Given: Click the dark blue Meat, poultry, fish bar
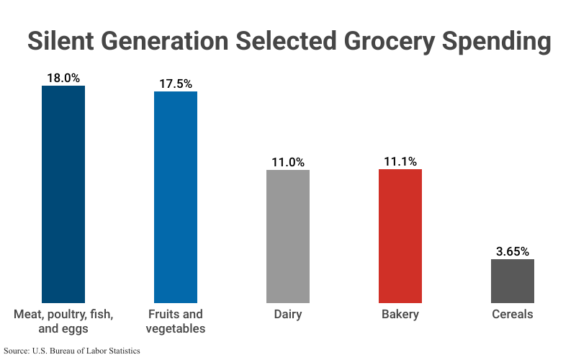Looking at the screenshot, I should pos(63,194).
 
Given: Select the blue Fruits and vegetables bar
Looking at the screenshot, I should pos(176,197).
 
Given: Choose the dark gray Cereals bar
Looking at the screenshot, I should pos(513,281).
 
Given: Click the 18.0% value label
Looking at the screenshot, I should pos(63,78).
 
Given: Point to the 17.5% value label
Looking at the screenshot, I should pos(176,84).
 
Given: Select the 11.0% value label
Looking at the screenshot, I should pos(288,162).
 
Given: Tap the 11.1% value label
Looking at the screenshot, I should pos(400,161).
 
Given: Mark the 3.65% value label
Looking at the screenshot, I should pos(513,251).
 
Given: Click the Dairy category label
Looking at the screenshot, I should pos(288,315).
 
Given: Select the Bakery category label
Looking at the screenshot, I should pos(400,315).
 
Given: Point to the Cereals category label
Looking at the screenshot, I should pos(513,315).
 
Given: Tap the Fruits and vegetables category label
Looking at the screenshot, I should pos(176,321).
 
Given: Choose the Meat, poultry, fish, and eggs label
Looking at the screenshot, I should pos(63,321).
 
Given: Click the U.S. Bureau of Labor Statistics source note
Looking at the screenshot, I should pos(71,351).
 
